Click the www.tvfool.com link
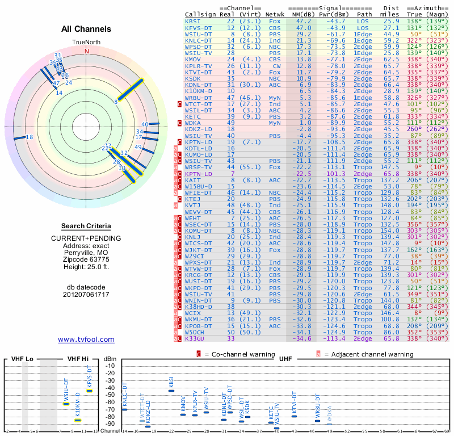pos(86,339)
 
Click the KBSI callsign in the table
pos(193,21)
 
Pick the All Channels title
pos(87,29)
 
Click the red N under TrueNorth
pos(87,51)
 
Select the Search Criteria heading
pos(87,226)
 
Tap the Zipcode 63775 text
pos(87,257)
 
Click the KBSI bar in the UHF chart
pos(171,391)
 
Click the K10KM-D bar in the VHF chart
pos(78,420)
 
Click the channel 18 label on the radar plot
pos(30,137)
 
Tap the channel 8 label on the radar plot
pos(116,102)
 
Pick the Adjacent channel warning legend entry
pos(369,354)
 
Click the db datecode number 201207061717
pos(86,295)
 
